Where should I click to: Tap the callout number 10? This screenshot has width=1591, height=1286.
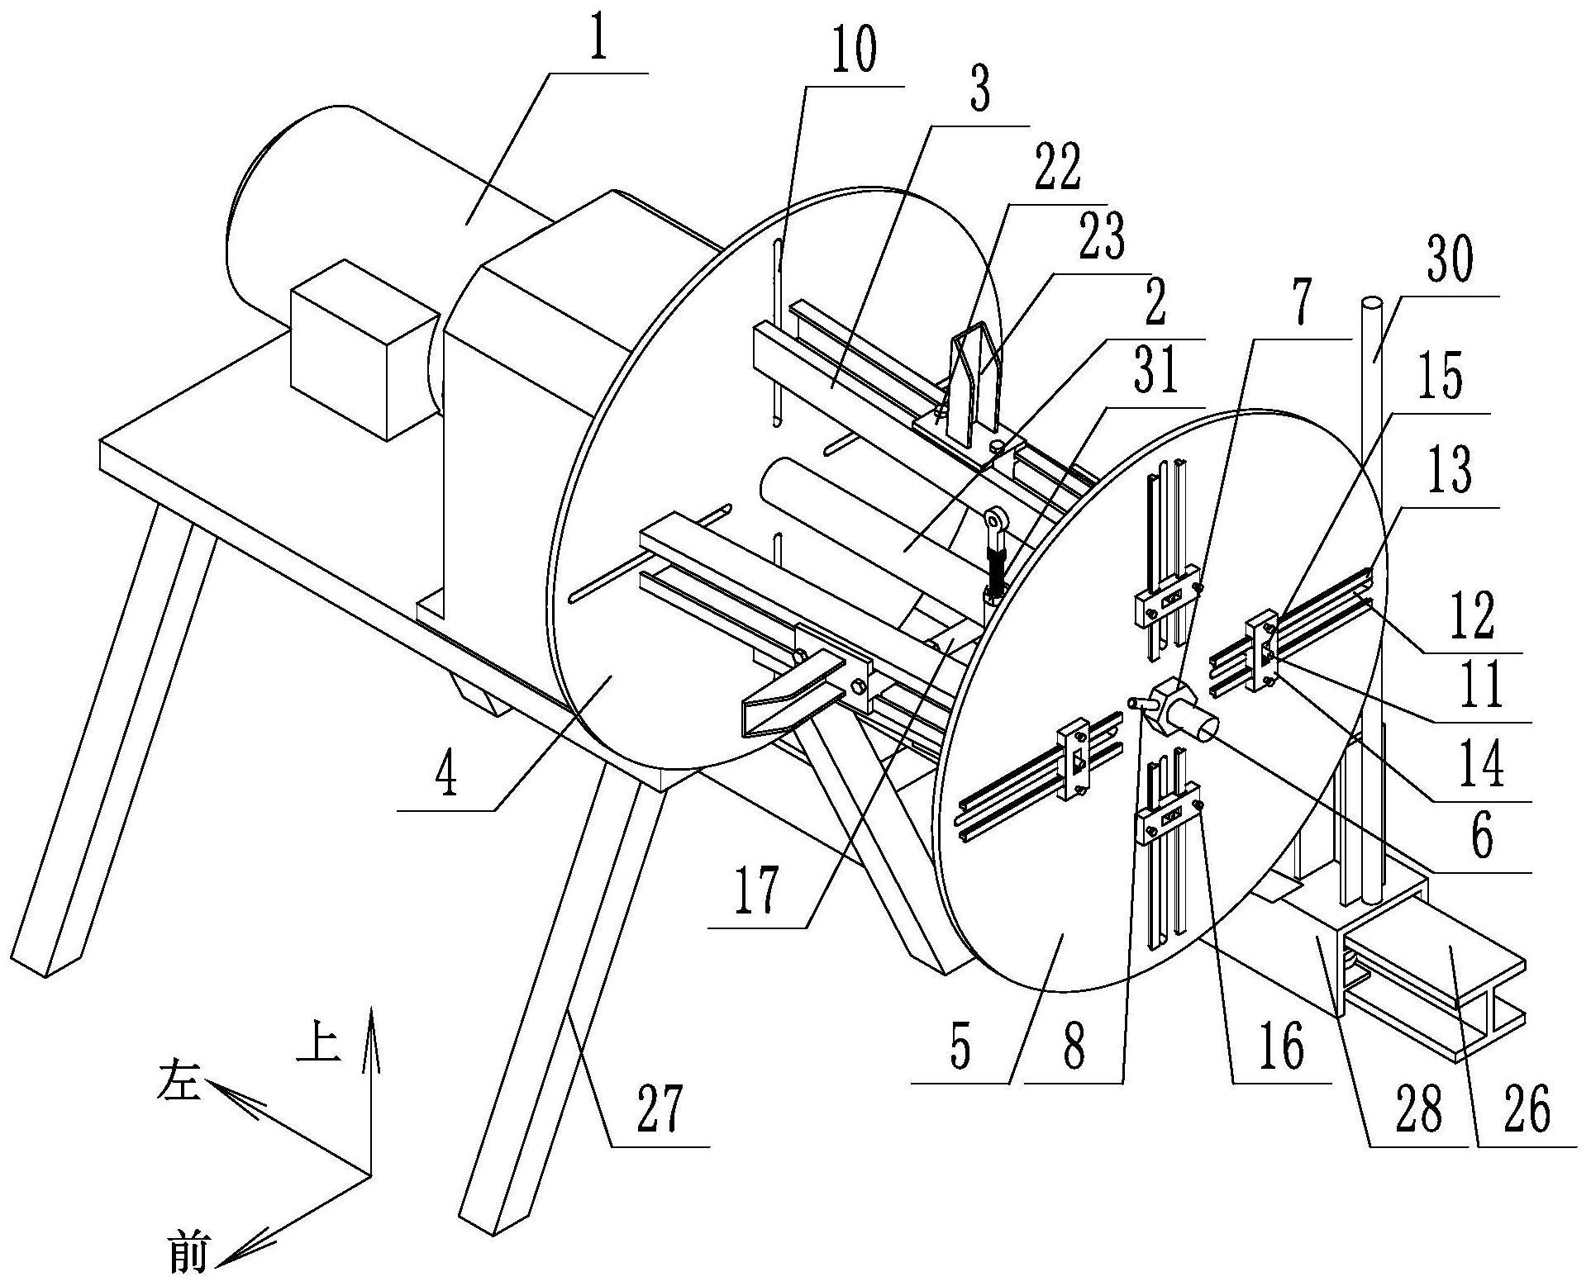coord(854,52)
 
